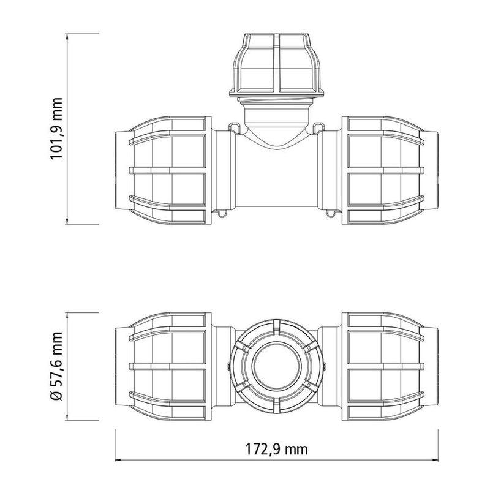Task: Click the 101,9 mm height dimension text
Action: (x=58, y=129)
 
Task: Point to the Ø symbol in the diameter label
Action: (x=58, y=395)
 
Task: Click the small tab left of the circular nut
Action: (x=228, y=366)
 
